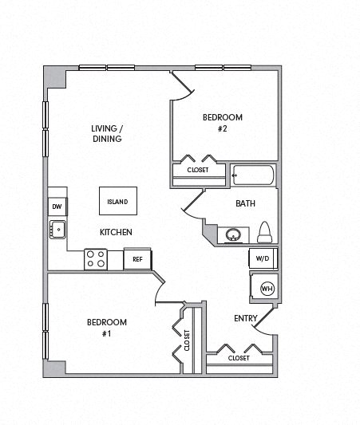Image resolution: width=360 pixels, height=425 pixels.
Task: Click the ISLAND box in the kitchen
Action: click(x=117, y=201)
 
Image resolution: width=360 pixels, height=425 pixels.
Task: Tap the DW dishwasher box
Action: click(x=57, y=207)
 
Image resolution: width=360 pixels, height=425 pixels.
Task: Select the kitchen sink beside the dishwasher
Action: click(x=57, y=230)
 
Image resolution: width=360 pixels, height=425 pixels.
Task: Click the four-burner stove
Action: click(x=96, y=258)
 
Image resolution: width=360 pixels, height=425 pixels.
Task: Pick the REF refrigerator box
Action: click(x=137, y=259)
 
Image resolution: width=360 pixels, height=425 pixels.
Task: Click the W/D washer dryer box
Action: click(x=263, y=258)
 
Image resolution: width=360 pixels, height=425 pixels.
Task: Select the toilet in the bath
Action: click(x=265, y=233)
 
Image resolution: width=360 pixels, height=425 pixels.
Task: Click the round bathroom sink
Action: click(x=232, y=235)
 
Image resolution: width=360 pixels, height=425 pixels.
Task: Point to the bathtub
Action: click(x=252, y=175)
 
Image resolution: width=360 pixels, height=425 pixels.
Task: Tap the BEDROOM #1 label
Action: click(x=107, y=327)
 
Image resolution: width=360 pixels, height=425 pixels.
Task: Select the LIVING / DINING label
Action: click(x=106, y=132)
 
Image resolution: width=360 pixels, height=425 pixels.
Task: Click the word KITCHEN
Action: click(x=116, y=232)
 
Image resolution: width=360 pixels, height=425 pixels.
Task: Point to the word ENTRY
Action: click(x=244, y=318)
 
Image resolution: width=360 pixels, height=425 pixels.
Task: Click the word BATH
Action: click(x=245, y=203)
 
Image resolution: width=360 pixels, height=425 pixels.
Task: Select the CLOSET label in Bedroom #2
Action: click(x=198, y=171)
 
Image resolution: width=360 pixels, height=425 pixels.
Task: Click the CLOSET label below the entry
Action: click(x=238, y=358)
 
